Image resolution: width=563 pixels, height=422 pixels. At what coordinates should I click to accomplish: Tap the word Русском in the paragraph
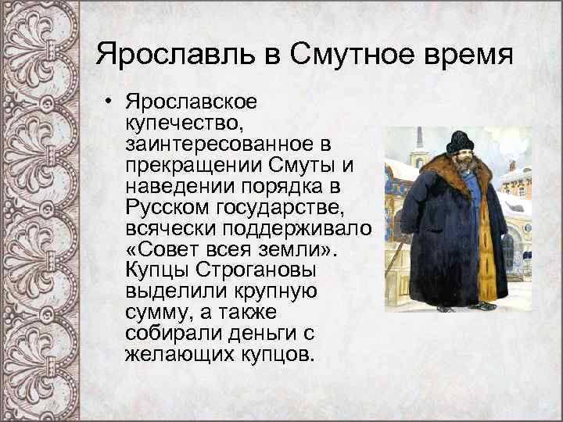(x=162, y=210)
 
